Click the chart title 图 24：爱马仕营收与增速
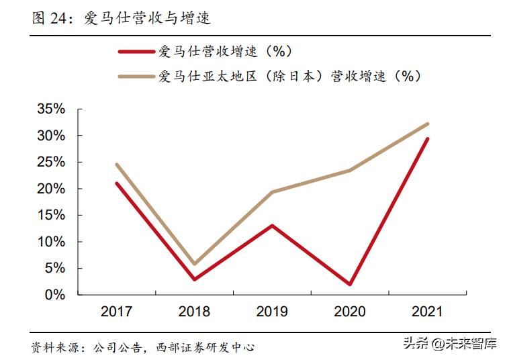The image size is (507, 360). (122, 18)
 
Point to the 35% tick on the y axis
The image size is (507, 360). (51, 109)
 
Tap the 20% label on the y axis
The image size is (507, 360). (51, 189)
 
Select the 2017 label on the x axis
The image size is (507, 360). (117, 312)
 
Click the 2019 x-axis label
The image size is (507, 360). (272, 312)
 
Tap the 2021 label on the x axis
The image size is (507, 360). (427, 312)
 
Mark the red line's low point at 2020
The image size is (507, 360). (350, 284)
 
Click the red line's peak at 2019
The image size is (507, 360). (272, 226)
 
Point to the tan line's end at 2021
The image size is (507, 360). (427, 124)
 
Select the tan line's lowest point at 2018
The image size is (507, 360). (195, 264)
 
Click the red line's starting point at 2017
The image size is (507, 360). (117, 183)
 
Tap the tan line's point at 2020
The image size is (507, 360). (350, 171)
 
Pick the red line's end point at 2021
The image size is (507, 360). (427, 139)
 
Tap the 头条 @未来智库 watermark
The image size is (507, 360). (449, 344)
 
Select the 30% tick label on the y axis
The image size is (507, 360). (51, 136)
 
